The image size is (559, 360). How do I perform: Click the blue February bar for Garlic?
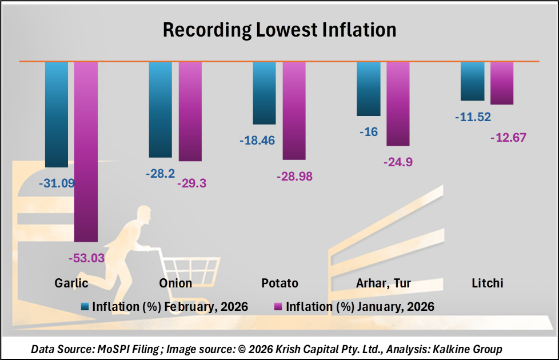point(56,114)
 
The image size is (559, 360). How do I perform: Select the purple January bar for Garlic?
point(86,151)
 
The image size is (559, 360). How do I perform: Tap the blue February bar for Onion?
point(160,109)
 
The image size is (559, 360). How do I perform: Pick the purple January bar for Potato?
point(294,110)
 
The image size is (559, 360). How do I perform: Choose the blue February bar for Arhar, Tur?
point(368,89)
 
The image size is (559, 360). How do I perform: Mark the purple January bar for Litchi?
point(502,83)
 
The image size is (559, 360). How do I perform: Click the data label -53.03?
point(86,258)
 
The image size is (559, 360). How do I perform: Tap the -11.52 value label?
point(473,117)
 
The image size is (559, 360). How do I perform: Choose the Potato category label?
point(279,283)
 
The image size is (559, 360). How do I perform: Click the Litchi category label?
point(488,283)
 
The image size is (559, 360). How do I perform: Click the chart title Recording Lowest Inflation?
point(279,30)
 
